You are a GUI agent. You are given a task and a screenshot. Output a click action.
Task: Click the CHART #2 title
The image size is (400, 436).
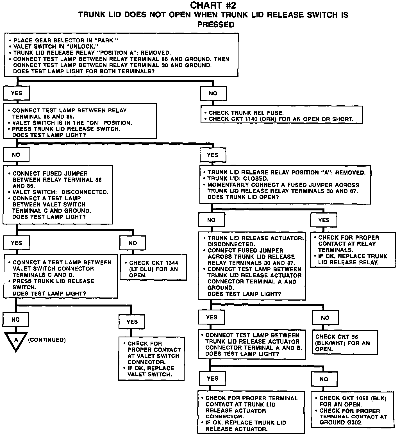click(213, 5)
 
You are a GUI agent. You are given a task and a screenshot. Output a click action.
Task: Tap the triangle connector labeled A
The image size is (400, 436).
click(16, 341)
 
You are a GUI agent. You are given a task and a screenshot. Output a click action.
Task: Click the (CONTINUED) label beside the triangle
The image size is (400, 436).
click(47, 340)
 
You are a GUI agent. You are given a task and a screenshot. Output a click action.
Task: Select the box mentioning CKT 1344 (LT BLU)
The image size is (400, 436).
click(153, 267)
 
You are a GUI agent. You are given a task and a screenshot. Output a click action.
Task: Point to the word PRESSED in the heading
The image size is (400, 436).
click(216, 25)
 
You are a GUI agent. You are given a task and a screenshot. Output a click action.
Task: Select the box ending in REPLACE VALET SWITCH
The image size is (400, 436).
click(151, 358)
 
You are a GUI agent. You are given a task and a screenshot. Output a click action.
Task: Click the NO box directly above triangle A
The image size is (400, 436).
click(16, 319)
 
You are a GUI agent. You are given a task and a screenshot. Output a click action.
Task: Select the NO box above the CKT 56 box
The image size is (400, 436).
click(325, 318)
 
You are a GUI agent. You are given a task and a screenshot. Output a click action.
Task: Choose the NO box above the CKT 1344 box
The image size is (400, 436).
click(133, 243)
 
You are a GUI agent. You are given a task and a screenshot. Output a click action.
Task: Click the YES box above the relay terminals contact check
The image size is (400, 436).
click(324, 220)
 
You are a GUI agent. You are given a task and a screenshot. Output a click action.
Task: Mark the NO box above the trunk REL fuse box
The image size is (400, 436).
click(213, 93)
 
